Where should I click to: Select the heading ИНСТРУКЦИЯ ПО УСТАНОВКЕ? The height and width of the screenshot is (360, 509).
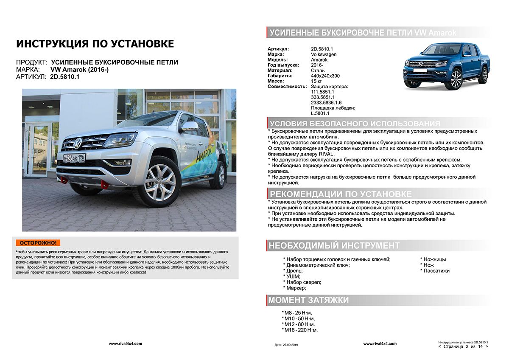(x=95, y=44)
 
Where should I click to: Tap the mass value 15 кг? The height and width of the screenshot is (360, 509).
(x=316, y=81)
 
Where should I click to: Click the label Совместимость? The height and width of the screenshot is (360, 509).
(x=287, y=86)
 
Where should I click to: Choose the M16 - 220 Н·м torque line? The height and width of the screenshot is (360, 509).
(x=301, y=330)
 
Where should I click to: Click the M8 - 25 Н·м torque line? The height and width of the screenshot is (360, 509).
(x=299, y=313)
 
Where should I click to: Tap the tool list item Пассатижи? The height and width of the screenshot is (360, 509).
(x=436, y=270)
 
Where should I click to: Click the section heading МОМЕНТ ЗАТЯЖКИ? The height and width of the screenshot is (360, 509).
(x=309, y=300)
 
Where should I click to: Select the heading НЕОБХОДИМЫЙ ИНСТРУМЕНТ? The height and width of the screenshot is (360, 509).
(x=334, y=245)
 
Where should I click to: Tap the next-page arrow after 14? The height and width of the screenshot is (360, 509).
(x=486, y=346)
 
